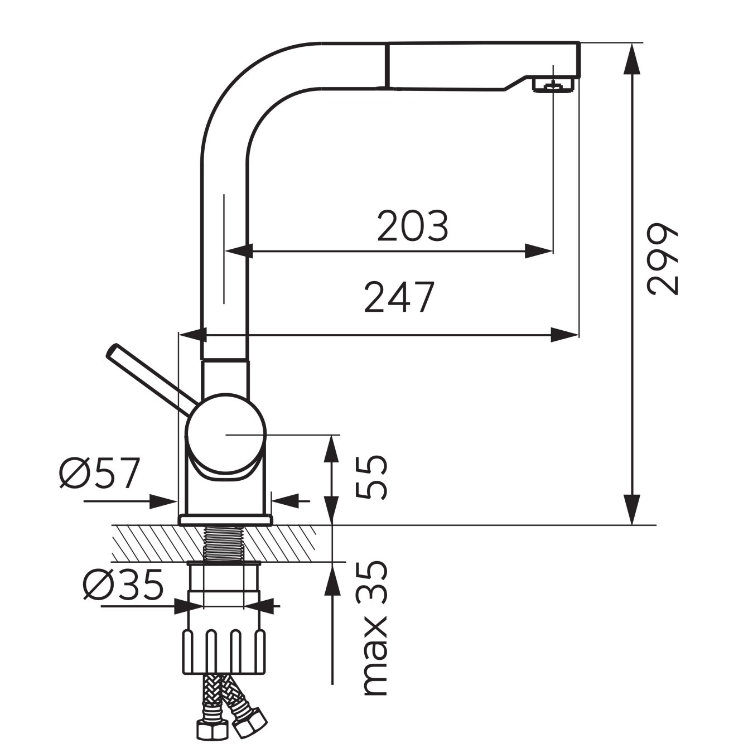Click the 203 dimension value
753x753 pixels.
tap(412, 226)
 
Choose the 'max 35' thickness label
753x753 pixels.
tap(374, 627)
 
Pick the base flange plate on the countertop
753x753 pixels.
tap(225, 520)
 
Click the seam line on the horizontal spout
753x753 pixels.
tap(385, 66)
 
